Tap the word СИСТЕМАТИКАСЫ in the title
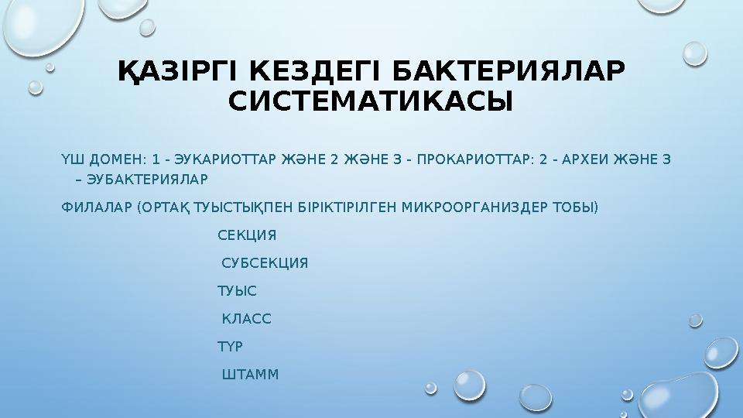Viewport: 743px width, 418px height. [x=371, y=101]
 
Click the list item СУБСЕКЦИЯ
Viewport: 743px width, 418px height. [x=265, y=263]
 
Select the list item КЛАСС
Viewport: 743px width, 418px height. [x=246, y=319]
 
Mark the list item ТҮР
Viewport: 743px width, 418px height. [x=231, y=347]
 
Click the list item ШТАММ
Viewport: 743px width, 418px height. [x=250, y=375]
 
